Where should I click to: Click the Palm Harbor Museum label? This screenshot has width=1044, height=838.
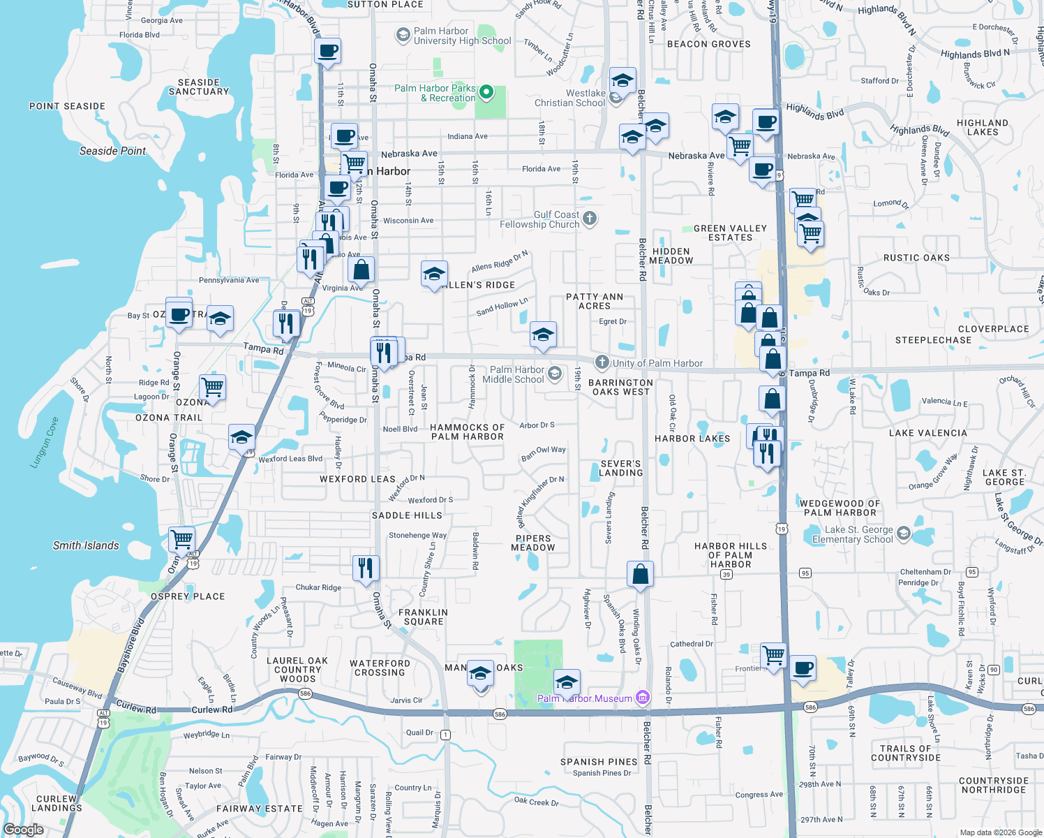(585, 698)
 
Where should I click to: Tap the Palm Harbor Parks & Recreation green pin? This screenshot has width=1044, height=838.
(487, 92)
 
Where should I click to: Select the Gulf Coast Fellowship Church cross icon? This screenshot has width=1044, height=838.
(590, 219)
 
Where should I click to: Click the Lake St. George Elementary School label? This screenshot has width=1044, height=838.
(852, 535)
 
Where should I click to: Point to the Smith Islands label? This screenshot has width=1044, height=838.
(86, 545)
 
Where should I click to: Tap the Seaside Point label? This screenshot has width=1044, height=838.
(112, 151)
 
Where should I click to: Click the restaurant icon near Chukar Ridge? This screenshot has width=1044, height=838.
(366, 569)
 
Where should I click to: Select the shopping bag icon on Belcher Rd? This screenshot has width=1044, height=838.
(640, 575)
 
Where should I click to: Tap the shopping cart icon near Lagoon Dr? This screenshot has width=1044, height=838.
(212, 386)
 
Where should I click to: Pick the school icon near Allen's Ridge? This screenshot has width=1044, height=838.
(434, 274)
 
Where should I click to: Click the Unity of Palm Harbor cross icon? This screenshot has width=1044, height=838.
(602, 362)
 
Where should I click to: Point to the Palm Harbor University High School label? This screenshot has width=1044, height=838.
(462, 36)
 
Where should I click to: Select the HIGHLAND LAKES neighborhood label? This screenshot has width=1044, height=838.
(982, 127)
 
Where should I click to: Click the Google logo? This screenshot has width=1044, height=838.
(23, 830)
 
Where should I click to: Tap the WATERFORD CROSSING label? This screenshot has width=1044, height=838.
(380, 668)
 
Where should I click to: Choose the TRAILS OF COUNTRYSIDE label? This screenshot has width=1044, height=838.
(905, 753)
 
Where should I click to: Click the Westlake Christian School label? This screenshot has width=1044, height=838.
(569, 98)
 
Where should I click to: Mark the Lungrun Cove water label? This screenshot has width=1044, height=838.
(45, 442)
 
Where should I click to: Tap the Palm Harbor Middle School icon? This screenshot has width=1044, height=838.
(554, 374)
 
